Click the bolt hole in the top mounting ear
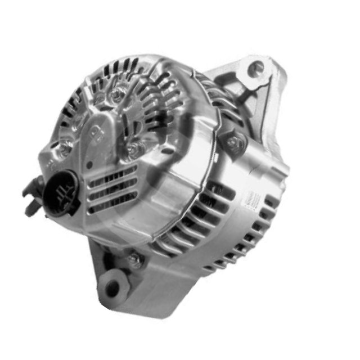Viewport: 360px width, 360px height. pos(256,69)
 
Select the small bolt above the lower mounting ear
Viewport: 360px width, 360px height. pos(134,259)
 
